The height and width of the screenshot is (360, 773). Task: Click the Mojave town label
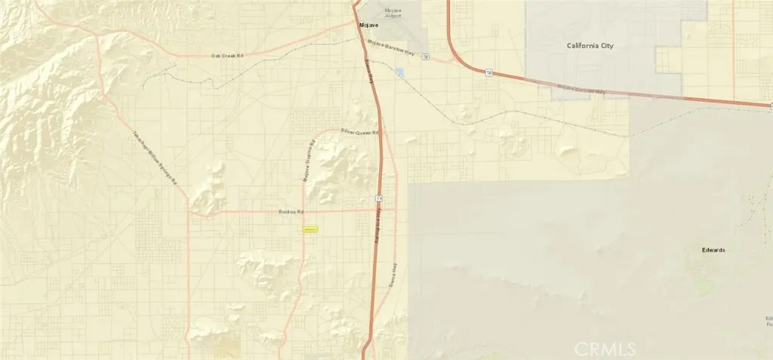pos(368,25)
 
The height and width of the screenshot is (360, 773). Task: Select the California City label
pos(590,46)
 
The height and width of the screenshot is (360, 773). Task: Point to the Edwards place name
pos(712,250)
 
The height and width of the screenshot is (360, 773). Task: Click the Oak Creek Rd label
pos(228,56)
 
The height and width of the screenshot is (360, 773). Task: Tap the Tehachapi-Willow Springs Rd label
pos(154,158)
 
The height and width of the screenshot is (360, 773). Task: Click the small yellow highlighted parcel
pos(310,229)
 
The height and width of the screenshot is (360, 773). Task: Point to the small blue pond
pos(399,72)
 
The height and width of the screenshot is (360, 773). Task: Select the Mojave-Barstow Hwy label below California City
pos(581,90)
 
